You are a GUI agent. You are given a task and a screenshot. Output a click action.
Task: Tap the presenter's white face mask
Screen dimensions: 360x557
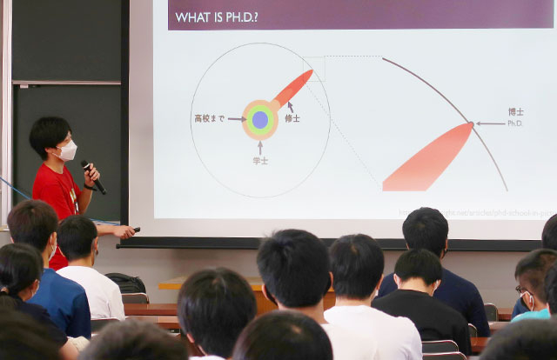click(x=67, y=150)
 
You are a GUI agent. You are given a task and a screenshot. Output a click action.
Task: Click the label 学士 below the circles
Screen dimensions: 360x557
click(x=259, y=160)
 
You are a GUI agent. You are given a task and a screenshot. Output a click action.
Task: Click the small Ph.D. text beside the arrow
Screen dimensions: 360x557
click(x=515, y=123)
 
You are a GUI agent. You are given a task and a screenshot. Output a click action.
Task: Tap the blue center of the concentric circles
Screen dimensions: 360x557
click(x=259, y=119)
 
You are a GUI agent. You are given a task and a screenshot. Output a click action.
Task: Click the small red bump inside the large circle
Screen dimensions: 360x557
click(x=293, y=87)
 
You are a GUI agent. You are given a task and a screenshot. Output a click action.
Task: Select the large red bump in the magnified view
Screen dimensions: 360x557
click(x=426, y=161)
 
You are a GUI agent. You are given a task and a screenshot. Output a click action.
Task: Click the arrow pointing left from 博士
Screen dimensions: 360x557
click(x=490, y=123)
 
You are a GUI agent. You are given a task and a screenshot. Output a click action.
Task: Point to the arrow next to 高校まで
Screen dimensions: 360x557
click(x=237, y=119)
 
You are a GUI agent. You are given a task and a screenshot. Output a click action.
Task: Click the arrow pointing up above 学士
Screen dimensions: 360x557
click(x=259, y=147)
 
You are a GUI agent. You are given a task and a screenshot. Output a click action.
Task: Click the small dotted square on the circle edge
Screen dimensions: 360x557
click(x=313, y=68)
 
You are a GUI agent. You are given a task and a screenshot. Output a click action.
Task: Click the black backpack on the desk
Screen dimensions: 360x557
click(x=127, y=283)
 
